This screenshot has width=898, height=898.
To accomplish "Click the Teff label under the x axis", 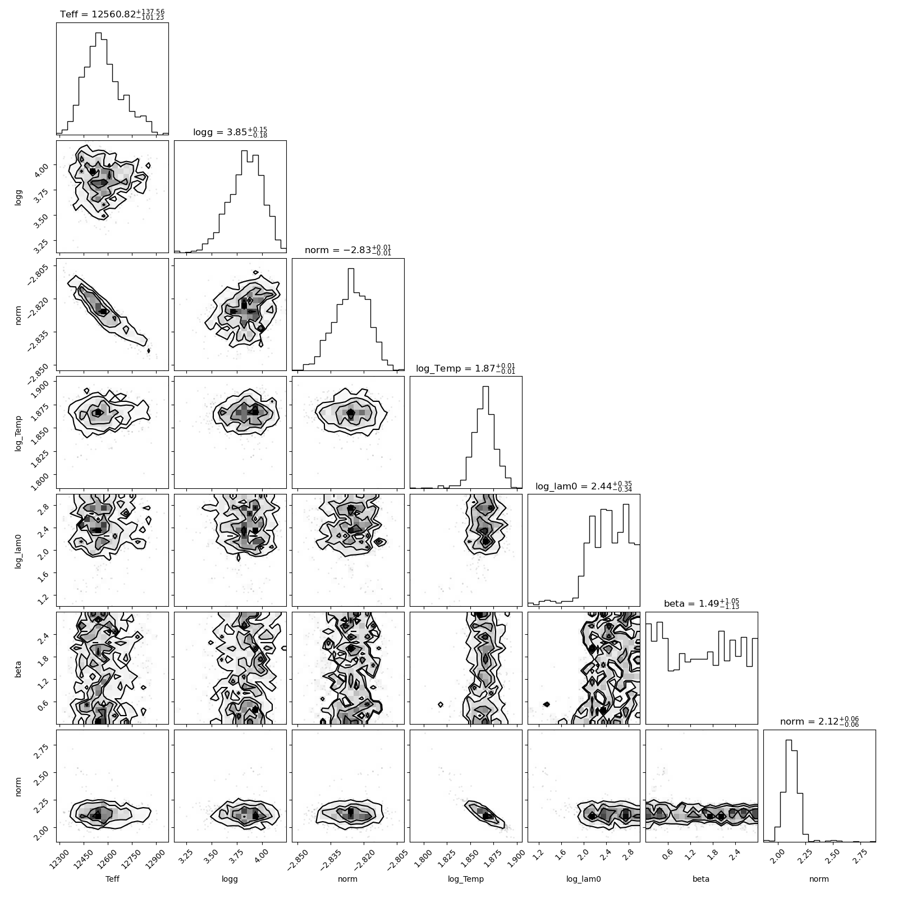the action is (x=112, y=879).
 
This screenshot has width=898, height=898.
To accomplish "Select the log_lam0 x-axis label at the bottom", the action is (x=584, y=879).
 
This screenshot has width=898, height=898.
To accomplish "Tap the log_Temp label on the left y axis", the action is (x=18, y=432).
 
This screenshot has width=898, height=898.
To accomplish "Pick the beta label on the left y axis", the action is (x=18, y=668).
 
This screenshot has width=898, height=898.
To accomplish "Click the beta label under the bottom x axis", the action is (x=702, y=879).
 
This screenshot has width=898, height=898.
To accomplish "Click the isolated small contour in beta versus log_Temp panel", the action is (x=441, y=704).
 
